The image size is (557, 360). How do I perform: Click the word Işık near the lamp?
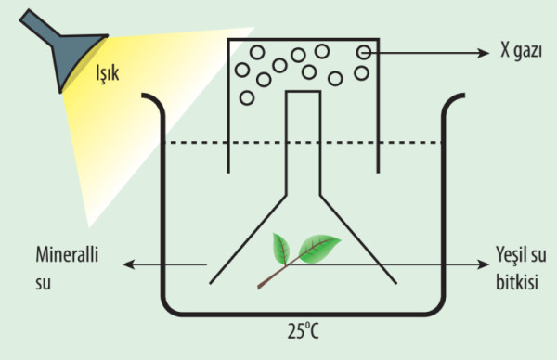coord(108,74)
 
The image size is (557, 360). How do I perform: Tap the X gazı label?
coord(521,50)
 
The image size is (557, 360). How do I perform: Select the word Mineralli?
coord(67,254)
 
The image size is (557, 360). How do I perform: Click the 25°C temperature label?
coord(303,331)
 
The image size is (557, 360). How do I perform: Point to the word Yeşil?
coord(509,255)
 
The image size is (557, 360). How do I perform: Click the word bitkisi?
coord(517,283)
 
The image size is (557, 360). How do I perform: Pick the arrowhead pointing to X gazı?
coord(483,53)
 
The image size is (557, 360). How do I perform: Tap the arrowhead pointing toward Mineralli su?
coord(129,264)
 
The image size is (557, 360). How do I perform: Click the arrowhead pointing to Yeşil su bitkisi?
coord(483,264)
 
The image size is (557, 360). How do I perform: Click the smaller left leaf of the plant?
coord(280,249)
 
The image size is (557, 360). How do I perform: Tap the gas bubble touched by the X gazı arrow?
coord(363,53)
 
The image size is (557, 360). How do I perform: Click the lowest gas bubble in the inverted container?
coord(247,97)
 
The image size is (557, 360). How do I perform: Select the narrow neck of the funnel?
coord(304,142)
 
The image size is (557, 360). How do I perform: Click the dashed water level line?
coord(304,143)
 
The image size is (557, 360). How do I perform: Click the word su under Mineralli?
coord(43,283)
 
